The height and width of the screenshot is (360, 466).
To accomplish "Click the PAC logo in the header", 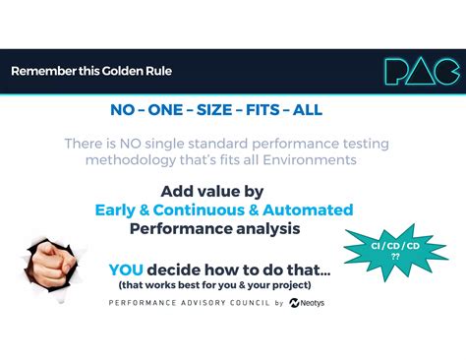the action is pos(422,71).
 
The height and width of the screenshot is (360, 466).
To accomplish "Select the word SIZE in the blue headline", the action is pos(214,109).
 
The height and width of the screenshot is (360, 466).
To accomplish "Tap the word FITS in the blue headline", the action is pos(262,109).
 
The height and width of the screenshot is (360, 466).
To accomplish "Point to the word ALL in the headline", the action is pos(308,109).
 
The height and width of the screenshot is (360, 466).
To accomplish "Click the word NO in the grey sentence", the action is pos(131,144).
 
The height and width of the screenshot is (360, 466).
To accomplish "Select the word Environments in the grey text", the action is pos(310,159).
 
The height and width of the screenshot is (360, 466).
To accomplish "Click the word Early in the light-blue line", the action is pos(115,210).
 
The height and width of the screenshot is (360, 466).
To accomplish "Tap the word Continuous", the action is pos(199,210).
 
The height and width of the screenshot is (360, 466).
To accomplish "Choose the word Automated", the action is pos(308,210).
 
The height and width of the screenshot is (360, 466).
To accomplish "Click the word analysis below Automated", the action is pos(268,228).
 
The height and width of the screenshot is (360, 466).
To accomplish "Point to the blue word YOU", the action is pos(126,270).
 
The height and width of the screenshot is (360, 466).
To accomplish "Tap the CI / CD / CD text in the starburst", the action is pos(395,246).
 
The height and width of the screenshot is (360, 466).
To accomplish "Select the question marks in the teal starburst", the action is pos(395,257).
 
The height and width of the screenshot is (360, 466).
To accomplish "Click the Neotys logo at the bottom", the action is pos(307,303).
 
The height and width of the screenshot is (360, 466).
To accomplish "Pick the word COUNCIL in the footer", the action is pos(250,303).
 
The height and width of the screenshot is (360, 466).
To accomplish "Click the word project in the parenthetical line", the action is pos(292,285).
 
